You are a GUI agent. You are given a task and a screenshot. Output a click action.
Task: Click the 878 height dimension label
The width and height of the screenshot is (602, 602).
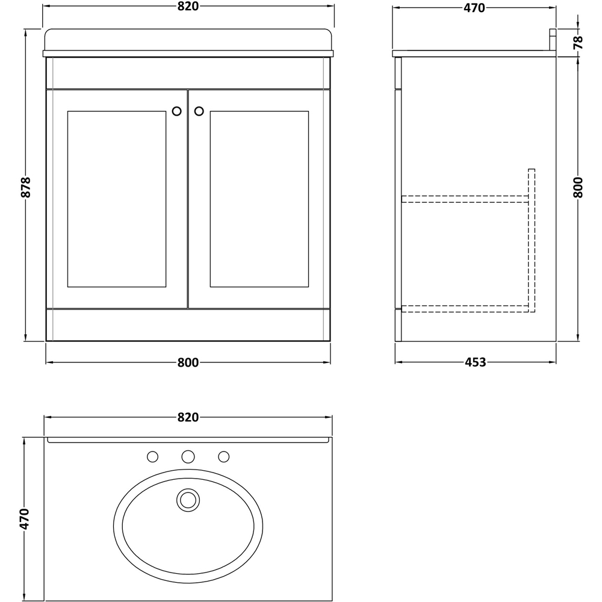tap(25, 187)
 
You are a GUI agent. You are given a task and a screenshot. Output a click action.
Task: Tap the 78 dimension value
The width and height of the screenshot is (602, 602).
tap(578, 42)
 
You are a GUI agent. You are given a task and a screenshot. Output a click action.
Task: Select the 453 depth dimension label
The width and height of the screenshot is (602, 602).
tap(475, 362)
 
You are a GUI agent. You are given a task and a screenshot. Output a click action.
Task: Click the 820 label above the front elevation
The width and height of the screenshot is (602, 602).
tap(188, 7)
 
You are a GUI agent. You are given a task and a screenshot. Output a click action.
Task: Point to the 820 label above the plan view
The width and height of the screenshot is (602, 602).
tap(188, 417)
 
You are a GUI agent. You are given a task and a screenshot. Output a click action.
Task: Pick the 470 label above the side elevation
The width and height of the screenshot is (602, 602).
tap(474, 8)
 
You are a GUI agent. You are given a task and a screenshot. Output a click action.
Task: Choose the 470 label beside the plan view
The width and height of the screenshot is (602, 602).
tap(25, 518)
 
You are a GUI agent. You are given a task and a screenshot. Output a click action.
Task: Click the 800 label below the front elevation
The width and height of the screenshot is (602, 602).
tap(188, 362)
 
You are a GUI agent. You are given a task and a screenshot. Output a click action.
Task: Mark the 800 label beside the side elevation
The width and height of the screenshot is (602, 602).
tap(578, 188)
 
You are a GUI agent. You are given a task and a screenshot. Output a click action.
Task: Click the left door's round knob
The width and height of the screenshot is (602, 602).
tap(177, 111)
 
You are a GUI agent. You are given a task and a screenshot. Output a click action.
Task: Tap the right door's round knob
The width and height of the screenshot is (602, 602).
tap(199, 111)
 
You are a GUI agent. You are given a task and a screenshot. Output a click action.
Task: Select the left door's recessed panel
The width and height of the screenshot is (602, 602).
tap(117, 199)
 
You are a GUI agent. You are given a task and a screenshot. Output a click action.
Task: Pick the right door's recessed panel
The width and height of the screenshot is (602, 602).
tap(259, 199)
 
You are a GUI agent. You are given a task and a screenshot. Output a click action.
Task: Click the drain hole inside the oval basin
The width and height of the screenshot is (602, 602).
tap(188, 499)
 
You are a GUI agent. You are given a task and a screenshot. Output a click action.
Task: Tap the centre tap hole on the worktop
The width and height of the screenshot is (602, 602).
tap(188, 457)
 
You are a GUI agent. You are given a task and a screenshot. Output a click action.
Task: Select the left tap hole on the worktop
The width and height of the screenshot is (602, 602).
tap(153, 457)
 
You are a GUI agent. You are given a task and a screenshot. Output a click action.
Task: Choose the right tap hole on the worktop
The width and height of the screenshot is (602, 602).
tap(224, 457)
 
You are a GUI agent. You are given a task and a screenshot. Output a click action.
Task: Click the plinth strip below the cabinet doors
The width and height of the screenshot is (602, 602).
tap(188, 325)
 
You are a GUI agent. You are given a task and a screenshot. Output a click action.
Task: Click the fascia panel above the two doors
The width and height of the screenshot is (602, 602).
tap(188, 73)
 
